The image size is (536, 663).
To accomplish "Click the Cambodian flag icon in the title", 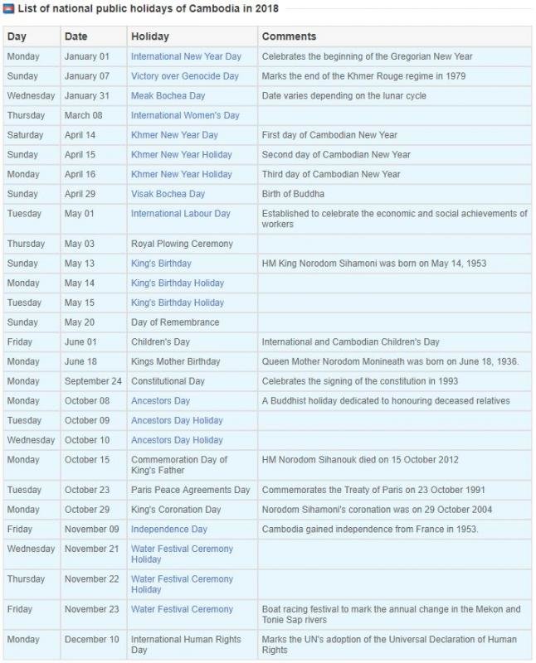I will [x=9, y=9].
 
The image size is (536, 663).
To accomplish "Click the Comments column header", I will [x=289, y=36].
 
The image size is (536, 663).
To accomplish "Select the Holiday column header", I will [x=149, y=36].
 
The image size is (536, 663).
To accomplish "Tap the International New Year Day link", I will [x=186, y=56].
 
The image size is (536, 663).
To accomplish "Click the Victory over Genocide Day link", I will [x=184, y=76].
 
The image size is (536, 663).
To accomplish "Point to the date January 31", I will [x=85, y=96].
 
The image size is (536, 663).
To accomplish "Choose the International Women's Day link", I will [x=185, y=115].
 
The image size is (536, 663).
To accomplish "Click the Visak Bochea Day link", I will [x=168, y=194].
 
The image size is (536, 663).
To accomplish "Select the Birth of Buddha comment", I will [x=293, y=194].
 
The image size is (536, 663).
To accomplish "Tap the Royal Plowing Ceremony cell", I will [x=182, y=244].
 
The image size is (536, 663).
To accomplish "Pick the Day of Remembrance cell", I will [x=175, y=322].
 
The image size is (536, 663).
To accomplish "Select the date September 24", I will [x=93, y=381].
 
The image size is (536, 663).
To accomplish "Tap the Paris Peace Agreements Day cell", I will [x=190, y=490].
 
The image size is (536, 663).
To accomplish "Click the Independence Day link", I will [x=169, y=529].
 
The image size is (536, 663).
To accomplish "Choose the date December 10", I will [x=91, y=640].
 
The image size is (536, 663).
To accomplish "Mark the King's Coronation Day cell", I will [x=176, y=510].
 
